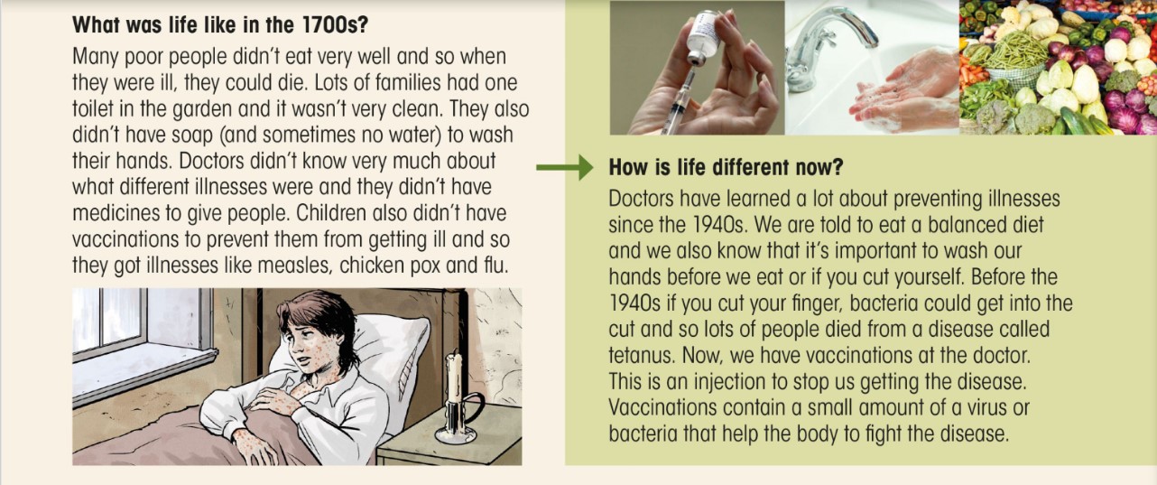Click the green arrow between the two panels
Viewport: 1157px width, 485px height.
pos(565,167)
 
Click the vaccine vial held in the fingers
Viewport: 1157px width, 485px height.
pos(701,37)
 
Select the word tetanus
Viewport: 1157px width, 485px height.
pos(642,355)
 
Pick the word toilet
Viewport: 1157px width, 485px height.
pos(92,108)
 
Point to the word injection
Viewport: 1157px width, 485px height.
pos(733,382)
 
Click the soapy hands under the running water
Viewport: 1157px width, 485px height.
pos(905,92)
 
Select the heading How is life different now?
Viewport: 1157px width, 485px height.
pos(726,167)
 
